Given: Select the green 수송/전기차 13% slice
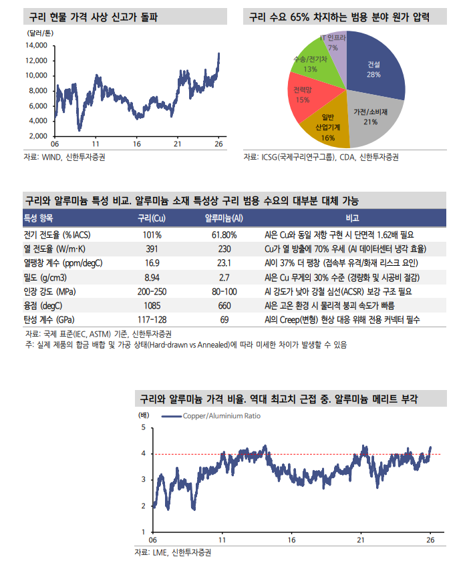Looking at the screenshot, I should [311, 63].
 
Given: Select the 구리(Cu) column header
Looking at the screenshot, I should [152, 218].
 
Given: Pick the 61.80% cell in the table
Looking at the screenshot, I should [224, 235].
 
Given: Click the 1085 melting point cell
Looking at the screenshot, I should [152, 305].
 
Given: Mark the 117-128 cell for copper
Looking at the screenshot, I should [152, 319].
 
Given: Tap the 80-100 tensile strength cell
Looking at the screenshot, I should [224, 291].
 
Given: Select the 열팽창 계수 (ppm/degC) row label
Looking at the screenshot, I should [63, 263].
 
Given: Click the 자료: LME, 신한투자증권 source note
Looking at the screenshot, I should [172, 553].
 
